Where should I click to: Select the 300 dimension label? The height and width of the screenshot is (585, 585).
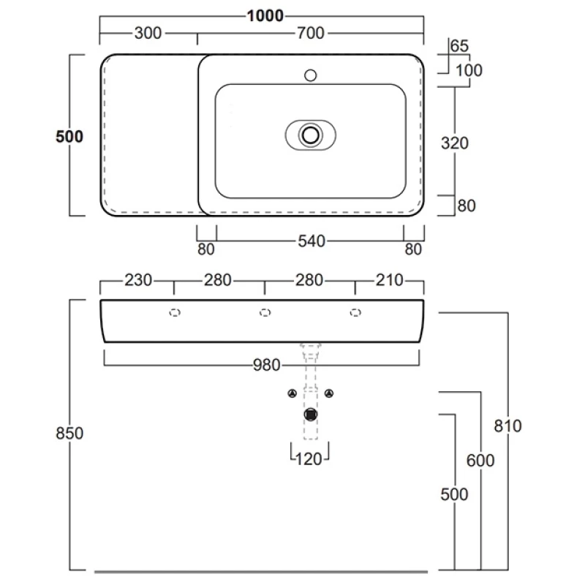pos(148,33)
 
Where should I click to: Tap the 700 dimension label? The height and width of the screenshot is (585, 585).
pos(311,33)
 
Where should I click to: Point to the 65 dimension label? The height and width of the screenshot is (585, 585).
pos(459,45)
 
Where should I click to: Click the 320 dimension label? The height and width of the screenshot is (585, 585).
pos(455,143)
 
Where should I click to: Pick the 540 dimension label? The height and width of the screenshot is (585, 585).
pos(311,241)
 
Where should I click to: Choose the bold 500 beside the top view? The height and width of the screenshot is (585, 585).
pos(69,136)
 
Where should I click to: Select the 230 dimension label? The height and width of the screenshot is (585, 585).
pos(137,280)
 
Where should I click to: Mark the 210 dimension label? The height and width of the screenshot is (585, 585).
pos(389,280)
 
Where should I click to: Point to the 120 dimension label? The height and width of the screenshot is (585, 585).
pos(310,459)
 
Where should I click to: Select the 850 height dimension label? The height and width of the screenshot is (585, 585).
pos(70,433)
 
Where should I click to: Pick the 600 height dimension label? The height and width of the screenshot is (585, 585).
pos(480,461)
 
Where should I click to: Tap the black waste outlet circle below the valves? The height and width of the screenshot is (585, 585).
pos(312,415)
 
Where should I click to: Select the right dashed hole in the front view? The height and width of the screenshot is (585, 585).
pos(355,312)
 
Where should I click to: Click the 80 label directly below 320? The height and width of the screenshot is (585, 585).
pos(467,206)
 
